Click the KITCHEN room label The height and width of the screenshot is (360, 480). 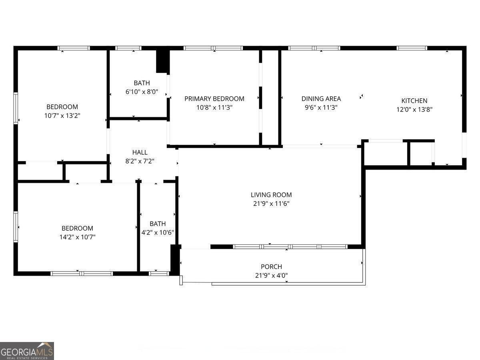414,101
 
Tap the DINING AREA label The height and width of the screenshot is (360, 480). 321,99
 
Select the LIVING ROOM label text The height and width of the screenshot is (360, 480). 271,195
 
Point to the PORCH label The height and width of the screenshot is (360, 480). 271,267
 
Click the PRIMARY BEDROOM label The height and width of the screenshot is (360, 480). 214,99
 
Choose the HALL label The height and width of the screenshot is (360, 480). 140,152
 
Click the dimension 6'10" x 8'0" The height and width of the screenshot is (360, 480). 142,92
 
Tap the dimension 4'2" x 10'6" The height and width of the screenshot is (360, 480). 158,232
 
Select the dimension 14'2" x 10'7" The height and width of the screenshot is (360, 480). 77,237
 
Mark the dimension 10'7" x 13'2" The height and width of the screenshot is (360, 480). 62,116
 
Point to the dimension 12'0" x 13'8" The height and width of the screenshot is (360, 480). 414,109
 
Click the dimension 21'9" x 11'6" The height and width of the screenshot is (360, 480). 271,203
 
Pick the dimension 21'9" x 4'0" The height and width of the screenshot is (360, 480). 271,275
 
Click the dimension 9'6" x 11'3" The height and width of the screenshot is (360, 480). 321,107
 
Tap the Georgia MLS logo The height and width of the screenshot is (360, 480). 27,351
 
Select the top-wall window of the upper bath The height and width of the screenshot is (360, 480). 128,48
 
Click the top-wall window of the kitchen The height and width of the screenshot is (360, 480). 412,48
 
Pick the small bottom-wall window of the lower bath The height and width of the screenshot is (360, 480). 159,274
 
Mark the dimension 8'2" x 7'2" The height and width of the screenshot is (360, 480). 140,161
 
